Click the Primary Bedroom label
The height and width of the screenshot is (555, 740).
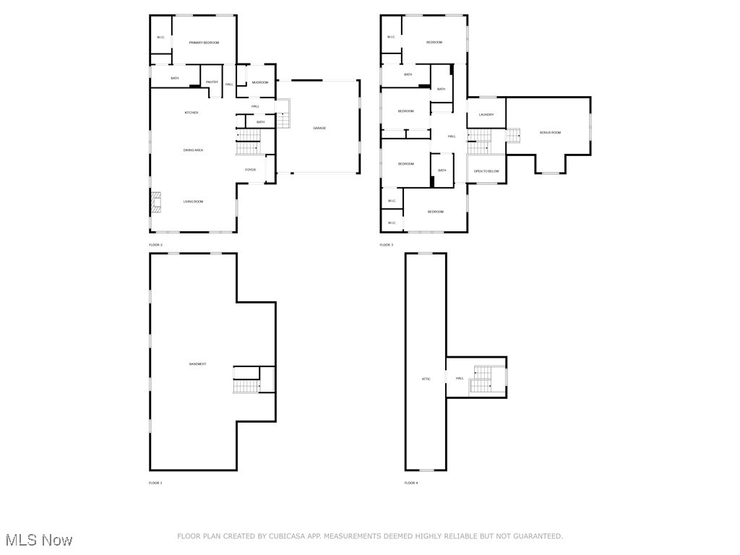[204, 43]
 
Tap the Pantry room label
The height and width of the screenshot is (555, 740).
[212, 82]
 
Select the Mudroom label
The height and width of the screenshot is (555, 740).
[260, 82]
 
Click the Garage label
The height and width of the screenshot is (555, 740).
[319, 128]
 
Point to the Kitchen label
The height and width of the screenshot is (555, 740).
[192, 113]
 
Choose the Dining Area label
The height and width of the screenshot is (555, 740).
[193, 150]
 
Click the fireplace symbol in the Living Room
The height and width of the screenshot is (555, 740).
[156, 203]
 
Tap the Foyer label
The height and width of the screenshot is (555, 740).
[251, 170]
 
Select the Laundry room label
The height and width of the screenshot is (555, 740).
[486, 114]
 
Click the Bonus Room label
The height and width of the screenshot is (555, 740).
[550, 132]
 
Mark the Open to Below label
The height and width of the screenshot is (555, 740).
[486, 171]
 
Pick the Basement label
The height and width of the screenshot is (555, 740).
[198, 364]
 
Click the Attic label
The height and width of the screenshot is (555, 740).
[426, 379]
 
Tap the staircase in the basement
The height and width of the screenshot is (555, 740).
[247, 380]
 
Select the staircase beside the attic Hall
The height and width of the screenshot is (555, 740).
[481, 380]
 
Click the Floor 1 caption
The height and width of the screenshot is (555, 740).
[155, 483]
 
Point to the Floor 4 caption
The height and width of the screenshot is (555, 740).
[410, 483]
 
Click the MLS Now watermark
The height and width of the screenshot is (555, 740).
[39, 540]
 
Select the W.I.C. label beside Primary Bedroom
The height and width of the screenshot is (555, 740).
[160, 38]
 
